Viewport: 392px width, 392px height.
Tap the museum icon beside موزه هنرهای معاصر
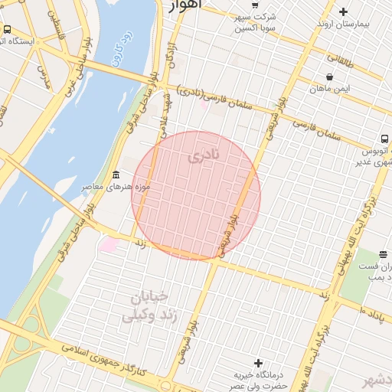[x=116, y=175]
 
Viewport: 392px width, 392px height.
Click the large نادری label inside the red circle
[x=202, y=155]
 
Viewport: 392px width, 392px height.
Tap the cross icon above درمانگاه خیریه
[x=258, y=362]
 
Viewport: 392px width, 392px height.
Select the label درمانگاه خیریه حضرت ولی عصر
[x=258, y=380]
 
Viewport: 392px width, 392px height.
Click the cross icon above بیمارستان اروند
[x=343, y=11]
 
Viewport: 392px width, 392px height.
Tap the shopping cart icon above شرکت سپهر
[x=256, y=5]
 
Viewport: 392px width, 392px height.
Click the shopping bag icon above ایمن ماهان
[x=330, y=77]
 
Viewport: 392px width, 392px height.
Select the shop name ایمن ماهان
[x=330, y=89]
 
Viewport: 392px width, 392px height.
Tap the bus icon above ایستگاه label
[x=7, y=29]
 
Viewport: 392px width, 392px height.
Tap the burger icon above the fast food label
[x=384, y=254]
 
